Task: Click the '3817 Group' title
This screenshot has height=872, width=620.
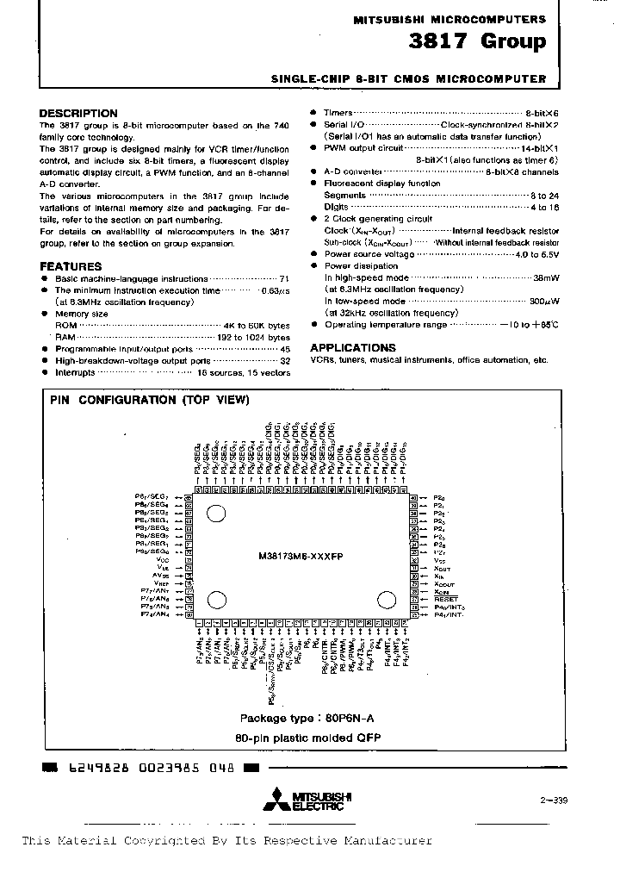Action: click(x=487, y=41)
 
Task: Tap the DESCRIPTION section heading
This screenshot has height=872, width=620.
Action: click(x=78, y=113)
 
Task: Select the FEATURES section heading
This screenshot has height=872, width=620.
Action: click(x=71, y=266)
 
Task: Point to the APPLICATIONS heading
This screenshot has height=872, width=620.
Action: click(x=353, y=347)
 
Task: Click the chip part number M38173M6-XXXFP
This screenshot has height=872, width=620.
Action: click(x=301, y=557)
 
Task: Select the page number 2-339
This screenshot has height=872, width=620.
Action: click(x=555, y=800)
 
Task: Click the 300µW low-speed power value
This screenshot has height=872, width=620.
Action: click(x=541, y=302)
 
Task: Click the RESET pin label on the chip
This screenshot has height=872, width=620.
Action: click(x=446, y=599)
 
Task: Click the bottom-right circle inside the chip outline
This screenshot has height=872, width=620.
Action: click(x=384, y=601)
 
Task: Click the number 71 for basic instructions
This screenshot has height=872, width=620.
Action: click(x=284, y=279)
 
